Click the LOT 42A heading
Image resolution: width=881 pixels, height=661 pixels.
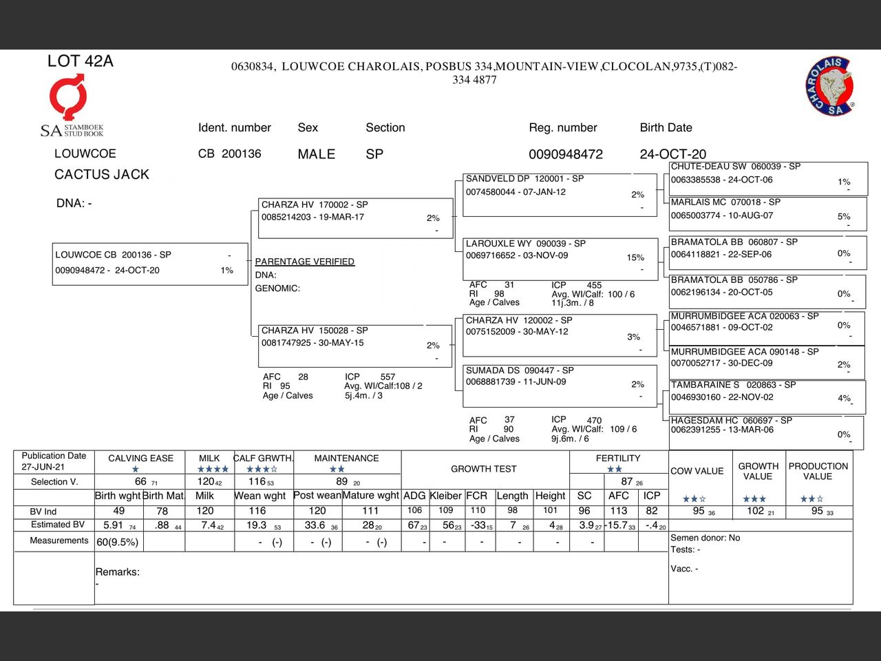(x=80, y=61)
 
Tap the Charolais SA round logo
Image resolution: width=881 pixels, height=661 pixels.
(x=830, y=87)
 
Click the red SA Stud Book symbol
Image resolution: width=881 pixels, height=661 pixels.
(x=67, y=97)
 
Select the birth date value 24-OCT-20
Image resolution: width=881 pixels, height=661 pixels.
(x=672, y=154)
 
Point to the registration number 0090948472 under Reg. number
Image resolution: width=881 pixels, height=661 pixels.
(x=565, y=154)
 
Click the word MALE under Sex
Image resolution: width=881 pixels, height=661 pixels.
(x=316, y=154)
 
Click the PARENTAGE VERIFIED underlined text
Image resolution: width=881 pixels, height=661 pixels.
(x=304, y=262)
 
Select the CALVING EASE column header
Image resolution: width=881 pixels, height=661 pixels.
(x=140, y=459)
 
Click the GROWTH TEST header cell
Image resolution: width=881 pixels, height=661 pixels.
(x=483, y=469)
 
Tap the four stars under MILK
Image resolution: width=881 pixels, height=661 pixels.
(x=213, y=470)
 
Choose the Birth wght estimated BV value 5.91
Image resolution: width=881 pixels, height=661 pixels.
(x=113, y=525)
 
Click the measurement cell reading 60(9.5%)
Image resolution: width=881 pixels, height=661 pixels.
(x=117, y=542)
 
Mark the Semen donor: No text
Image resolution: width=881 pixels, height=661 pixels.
(x=705, y=538)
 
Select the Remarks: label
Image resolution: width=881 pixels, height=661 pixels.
(x=117, y=572)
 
